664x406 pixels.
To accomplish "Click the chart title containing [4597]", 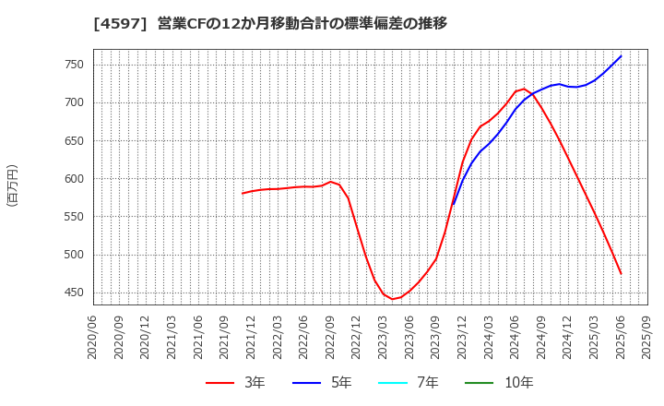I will (269, 23).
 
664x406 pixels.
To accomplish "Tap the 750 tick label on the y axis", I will (74, 65).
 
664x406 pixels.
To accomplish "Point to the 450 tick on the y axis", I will (74, 293).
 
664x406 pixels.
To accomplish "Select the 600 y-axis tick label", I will (74, 179).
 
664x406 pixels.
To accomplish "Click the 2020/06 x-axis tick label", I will (93, 339).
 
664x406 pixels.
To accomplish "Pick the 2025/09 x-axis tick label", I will (647, 339).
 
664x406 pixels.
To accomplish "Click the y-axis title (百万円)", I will (12, 185).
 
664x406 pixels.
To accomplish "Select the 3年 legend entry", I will (234, 382).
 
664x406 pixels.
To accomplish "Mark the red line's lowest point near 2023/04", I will (393, 299).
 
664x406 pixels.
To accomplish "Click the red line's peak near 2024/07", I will (525, 89).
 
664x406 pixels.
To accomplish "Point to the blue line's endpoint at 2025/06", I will (621, 56).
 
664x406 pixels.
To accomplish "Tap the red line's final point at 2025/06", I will (621, 273).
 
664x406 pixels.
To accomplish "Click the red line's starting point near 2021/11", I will (243, 193).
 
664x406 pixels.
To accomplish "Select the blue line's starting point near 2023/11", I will (453, 204).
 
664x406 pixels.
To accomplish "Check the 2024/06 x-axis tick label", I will (516, 339).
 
